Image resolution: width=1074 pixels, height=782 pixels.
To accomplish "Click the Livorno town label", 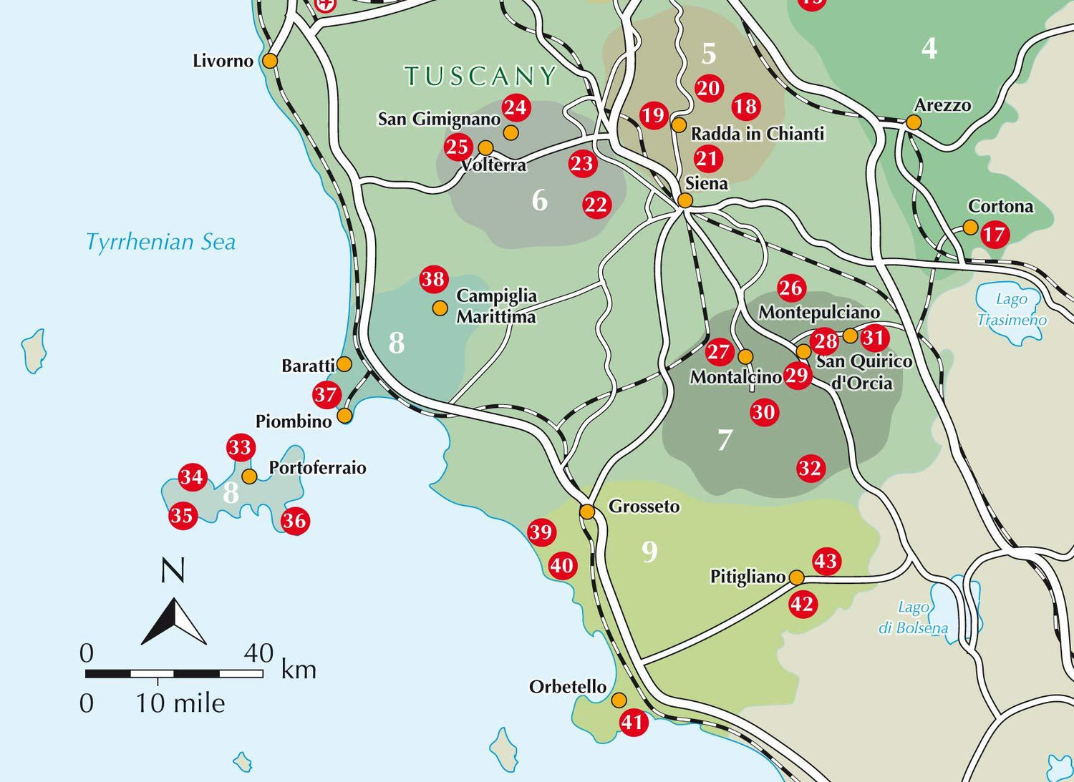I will click(x=223, y=61).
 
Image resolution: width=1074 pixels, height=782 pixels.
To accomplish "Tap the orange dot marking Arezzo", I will click(x=914, y=122).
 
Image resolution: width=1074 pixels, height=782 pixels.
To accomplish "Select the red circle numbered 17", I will click(x=995, y=235).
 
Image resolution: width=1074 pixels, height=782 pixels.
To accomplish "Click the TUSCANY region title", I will click(x=480, y=76).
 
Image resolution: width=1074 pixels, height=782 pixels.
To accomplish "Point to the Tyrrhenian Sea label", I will click(x=160, y=242).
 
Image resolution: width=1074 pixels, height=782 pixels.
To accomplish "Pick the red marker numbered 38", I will click(x=433, y=279).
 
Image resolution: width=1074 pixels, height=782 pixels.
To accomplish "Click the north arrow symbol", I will click(x=174, y=620).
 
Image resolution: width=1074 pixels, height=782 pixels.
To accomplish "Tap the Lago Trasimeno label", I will click(x=1012, y=309).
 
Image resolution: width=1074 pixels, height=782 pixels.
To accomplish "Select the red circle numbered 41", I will click(x=632, y=722).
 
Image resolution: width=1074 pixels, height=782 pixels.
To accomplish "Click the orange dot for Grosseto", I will click(x=587, y=512).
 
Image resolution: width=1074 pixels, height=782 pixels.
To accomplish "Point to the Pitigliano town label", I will click(x=748, y=576).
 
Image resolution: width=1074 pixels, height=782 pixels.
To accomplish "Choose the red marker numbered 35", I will click(x=182, y=515).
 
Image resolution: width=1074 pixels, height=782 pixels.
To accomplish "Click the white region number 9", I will click(x=649, y=552).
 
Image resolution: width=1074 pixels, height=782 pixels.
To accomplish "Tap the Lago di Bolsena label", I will click(x=914, y=617).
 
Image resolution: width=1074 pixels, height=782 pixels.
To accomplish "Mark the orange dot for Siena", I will click(x=685, y=201).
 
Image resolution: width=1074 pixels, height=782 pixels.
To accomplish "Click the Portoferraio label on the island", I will click(x=317, y=468).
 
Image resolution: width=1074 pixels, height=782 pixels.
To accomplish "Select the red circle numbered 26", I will click(x=791, y=288).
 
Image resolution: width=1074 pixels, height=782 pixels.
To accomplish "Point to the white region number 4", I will click(x=929, y=48).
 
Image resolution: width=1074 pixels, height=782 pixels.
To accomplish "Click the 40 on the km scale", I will click(x=258, y=653).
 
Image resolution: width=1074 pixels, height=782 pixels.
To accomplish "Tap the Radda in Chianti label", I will click(x=758, y=134).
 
